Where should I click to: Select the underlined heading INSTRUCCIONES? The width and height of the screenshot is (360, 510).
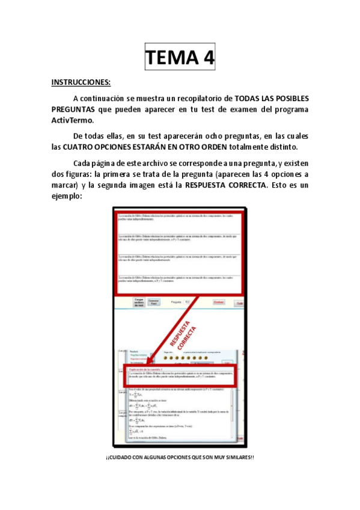click(x=81, y=82)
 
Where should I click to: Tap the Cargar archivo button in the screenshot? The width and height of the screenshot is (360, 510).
click(x=138, y=303)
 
